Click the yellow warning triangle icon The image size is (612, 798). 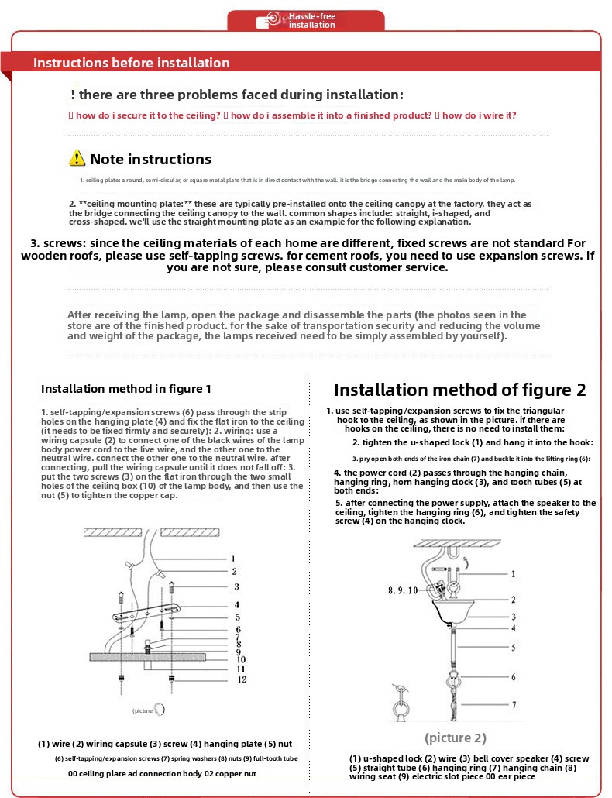tap(77, 158)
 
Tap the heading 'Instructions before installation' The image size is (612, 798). tap(131, 63)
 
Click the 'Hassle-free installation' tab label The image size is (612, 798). tap(312, 21)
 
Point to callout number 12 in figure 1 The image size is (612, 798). tap(241, 679)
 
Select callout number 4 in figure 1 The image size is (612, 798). tap(236, 604)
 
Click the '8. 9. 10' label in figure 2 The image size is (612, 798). tap(403, 590)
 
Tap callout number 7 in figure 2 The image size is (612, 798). tap(513, 705)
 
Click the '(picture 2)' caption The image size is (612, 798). tap(456, 738)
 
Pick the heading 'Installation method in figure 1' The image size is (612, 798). tap(126, 388)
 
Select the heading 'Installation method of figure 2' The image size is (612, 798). tap(459, 390)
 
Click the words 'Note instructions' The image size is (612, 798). tap(150, 160)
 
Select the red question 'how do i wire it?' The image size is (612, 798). tap(479, 115)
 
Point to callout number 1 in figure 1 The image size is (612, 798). tap(232, 558)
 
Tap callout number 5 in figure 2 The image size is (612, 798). tap(513, 647)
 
